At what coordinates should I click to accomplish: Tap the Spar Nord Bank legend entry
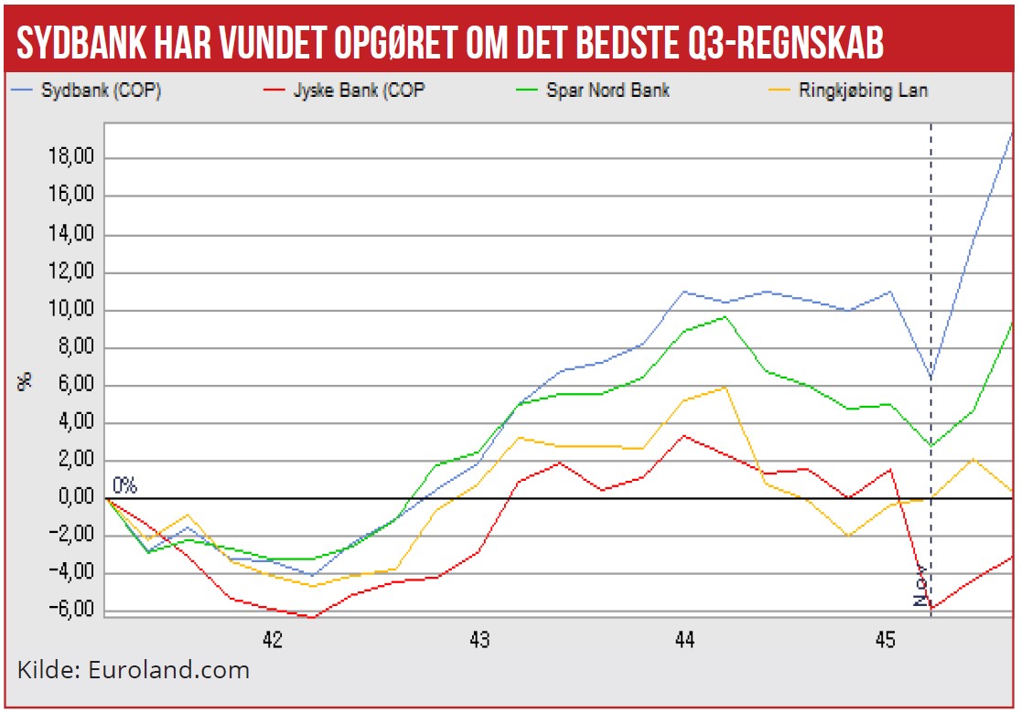tap(607, 90)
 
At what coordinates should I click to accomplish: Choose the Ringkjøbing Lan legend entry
tap(863, 90)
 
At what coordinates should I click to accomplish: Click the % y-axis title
tap(26, 379)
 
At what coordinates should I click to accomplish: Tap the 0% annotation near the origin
tap(124, 485)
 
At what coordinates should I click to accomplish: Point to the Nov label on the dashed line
tap(920, 586)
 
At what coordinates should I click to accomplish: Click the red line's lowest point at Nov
tap(931, 608)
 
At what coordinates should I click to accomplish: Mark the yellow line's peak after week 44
tap(725, 387)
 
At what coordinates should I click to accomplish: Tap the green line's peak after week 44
tap(725, 316)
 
